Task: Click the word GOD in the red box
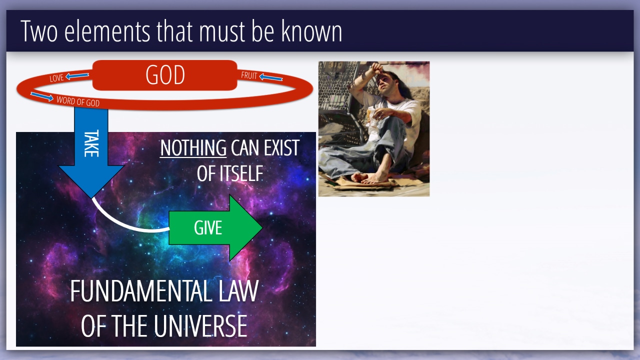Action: [165, 75]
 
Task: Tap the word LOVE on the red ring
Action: [56, 78]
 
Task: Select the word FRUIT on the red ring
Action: [249, 75]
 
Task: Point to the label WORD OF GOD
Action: [78, 101]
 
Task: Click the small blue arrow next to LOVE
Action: [77, 76]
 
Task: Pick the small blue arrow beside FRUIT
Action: [271, 77]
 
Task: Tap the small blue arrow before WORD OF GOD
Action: [42, 96]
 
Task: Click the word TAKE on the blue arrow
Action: [91, 143]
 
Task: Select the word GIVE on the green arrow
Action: [208, 227]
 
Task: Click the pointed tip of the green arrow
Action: [262, 227]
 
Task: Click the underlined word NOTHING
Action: [193, 147]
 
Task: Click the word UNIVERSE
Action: [200, 326]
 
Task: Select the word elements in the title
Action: [107, 31]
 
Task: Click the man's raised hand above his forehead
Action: [377, 68]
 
